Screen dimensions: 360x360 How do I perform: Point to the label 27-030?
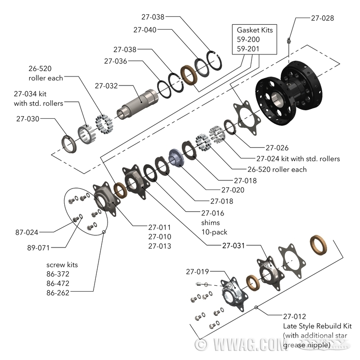[x=28, y=119]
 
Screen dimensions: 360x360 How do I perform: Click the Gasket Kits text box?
[x=248, y=40]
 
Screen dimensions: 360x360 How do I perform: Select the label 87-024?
[x=27, y=232]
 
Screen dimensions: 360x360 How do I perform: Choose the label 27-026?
[x=277, y=148]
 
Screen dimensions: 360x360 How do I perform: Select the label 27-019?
[x=198, y=271]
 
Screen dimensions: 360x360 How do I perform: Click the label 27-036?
[x=115, y=61]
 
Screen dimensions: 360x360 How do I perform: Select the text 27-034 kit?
[x=31, y=94]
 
